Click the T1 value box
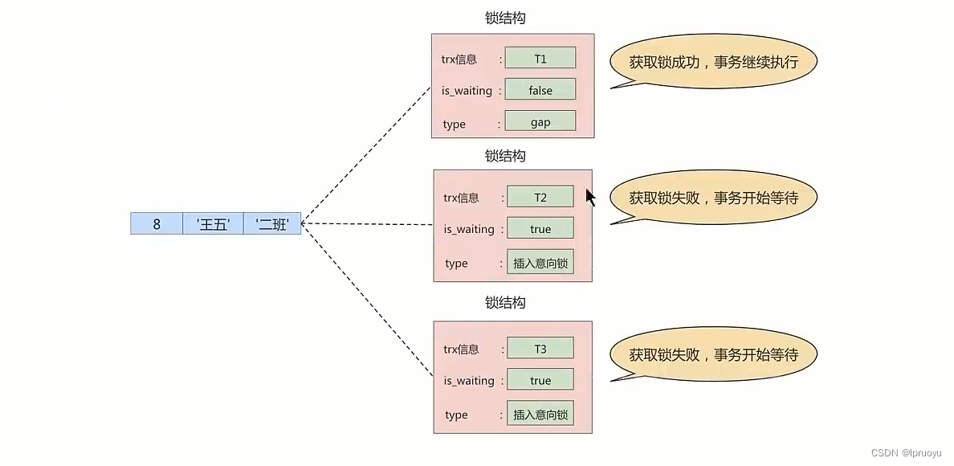coord(540,58)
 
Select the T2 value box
coord(540,197)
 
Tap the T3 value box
coord(540,349)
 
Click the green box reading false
coord(540,90)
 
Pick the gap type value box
coord(540,121)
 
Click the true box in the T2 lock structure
coord(540,228)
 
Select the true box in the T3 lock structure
coord(540,380)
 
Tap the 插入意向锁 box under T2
coord(540,263)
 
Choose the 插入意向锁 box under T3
coord(540,415)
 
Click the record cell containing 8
coord(157,224)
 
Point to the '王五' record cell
coord(213,224)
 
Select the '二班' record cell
coord(272,224)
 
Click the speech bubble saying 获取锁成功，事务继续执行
coord(713,62)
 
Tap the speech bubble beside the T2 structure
coord(713,198)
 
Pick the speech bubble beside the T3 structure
coord(713,354)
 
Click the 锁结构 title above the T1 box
coord(505,18)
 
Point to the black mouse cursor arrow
coord(590,198)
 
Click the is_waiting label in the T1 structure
coord(467,91)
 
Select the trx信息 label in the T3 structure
coord(461,349)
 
